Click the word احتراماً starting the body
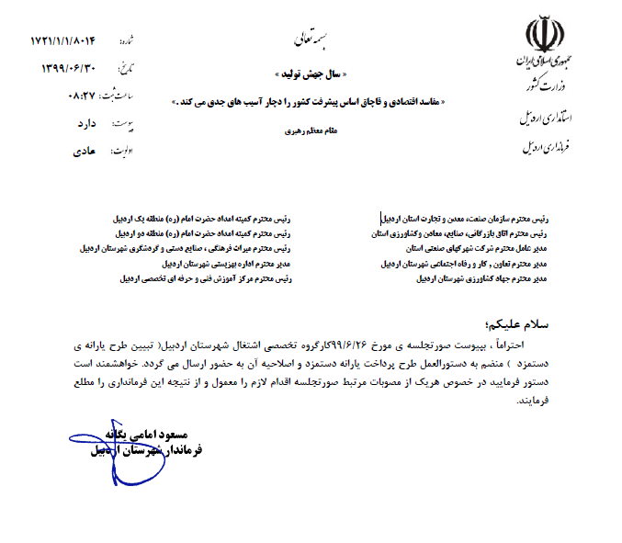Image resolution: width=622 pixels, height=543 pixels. [x=529, y=345]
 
